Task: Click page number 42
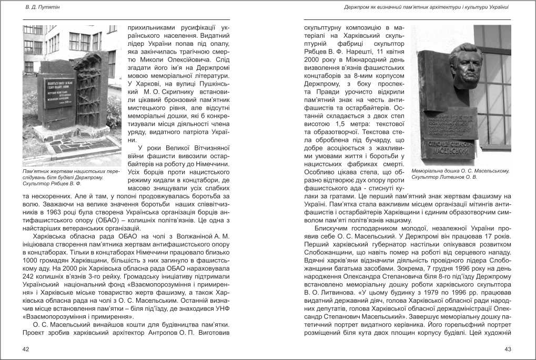coord(26,349)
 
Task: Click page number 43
coord(508,349)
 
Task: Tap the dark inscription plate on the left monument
coord(59,93)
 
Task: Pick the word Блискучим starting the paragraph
coord(331,229)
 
